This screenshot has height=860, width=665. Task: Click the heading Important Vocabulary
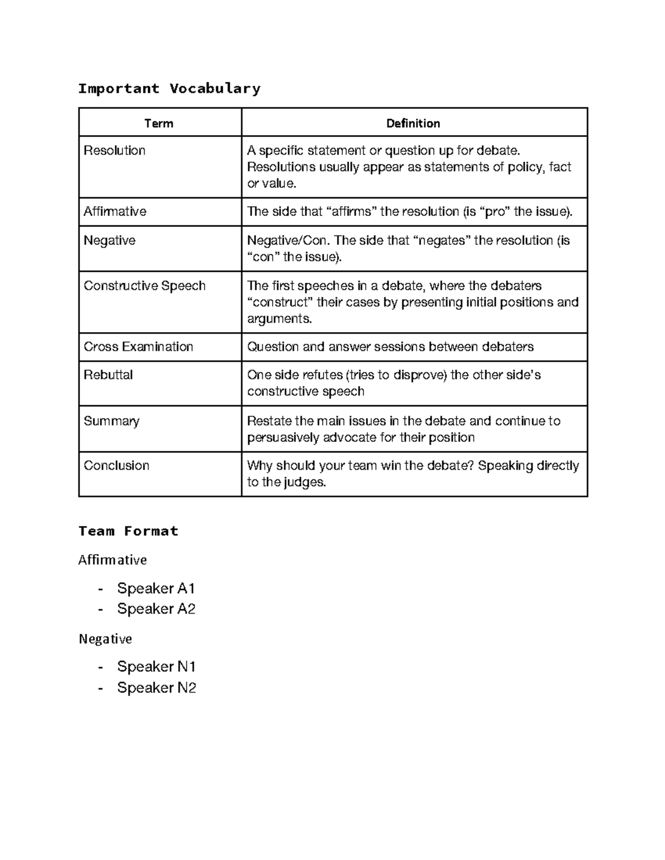click(169, 89)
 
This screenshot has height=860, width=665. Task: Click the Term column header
click(159, 123)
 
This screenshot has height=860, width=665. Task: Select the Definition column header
click(413, 123)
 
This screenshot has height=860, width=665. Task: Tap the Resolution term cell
click(115, 151)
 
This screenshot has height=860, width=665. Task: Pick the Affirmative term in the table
click(115, 212)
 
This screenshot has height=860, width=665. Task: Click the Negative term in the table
click(110, 241)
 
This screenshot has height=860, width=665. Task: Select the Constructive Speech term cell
click(145, 286)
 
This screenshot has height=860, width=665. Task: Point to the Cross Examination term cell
click(139, 347)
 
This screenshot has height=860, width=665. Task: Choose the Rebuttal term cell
click(108, 375)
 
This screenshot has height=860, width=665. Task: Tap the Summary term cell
click(111, 421)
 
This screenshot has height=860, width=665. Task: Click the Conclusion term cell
click(116, 466)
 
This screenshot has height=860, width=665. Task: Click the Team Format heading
click(128, 532)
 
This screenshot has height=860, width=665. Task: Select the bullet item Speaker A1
click(156, 588)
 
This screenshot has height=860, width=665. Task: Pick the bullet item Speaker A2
click(156, 609)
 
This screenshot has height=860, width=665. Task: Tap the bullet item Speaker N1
click(156, 667)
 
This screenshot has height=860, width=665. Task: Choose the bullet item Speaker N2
click(157, 688)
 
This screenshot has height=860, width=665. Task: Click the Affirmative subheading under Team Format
click(112, 560)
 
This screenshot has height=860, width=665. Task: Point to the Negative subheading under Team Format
click(105, 639)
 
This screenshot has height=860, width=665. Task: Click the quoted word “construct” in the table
click(279, 302)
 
